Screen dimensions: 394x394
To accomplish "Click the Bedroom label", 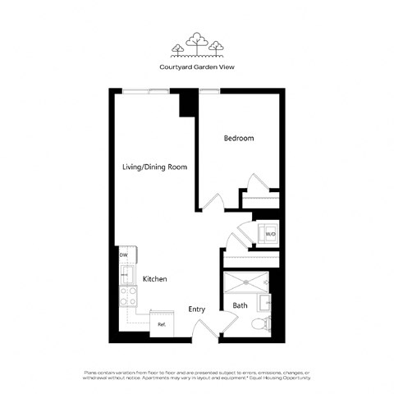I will pos(239,139).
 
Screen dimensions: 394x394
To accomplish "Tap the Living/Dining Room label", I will pos(154,167).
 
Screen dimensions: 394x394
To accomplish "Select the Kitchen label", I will pos(155,280).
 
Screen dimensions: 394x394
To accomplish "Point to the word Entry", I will pos(197,309).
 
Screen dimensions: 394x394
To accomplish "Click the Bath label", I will pos(240,306).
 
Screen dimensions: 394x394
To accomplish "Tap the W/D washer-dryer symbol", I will pos(270,234).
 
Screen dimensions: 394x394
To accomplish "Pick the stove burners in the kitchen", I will pos(128,294).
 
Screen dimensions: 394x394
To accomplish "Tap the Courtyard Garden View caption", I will pos(197,67).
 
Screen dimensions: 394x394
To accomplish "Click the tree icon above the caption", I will pos(196,43).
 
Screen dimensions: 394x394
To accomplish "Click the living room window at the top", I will pos(149,90).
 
